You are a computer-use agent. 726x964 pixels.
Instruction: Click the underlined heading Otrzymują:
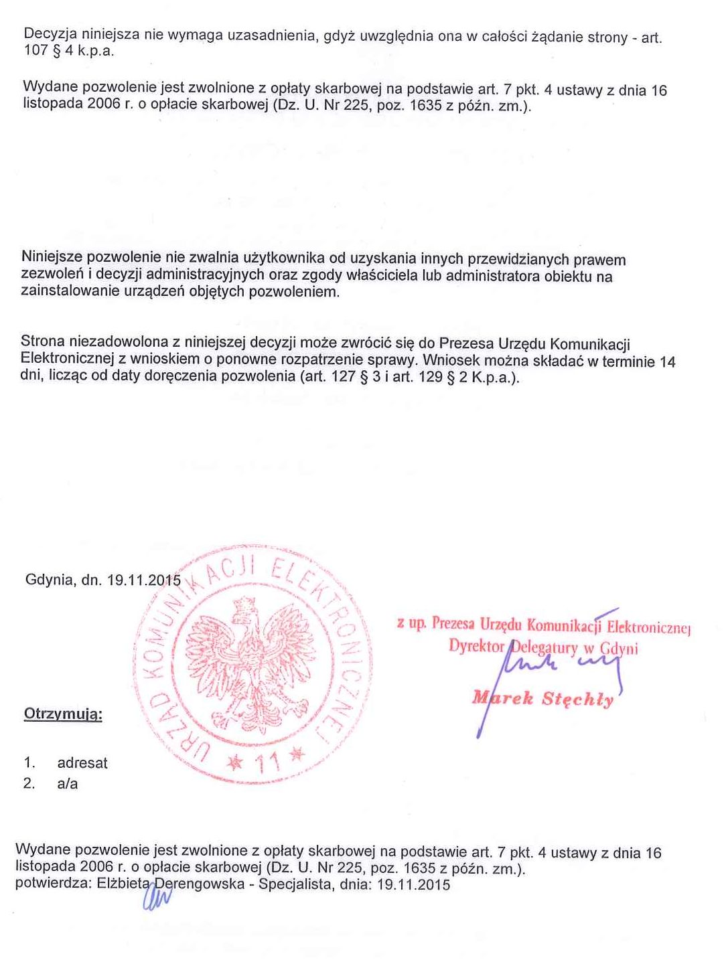[63, 714]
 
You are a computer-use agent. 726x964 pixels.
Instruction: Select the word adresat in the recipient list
[82, 762]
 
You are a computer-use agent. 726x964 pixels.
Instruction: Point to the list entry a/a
[68, 783]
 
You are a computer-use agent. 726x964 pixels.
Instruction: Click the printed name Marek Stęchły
[542, 699]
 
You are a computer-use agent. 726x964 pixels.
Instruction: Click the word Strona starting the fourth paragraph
[43, 342]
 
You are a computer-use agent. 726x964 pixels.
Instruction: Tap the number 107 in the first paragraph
[35, 52]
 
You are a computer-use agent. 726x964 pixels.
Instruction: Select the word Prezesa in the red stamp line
[453, 625]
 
